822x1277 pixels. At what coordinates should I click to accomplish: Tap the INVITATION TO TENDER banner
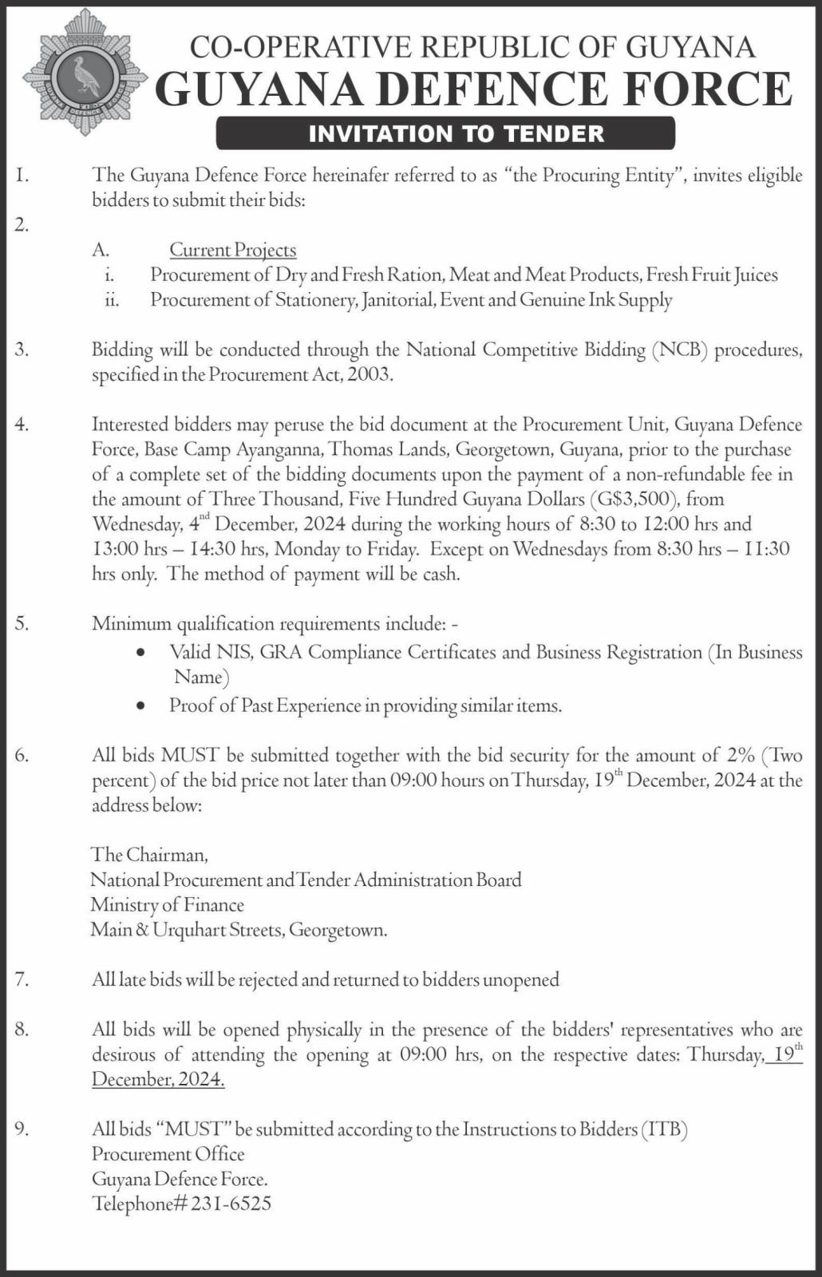(x=445, y=133)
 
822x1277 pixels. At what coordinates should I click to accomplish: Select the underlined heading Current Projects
(x=232, y=251)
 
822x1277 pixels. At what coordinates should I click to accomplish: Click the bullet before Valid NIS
(x=141, y=653)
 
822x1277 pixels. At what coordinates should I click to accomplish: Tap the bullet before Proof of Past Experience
(x=141, y=706)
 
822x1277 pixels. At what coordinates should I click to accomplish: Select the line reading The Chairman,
(x=150, y=855)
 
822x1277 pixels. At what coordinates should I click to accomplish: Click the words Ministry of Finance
(x=168, y=905)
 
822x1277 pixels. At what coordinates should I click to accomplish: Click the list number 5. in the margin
(x=22, y=623)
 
